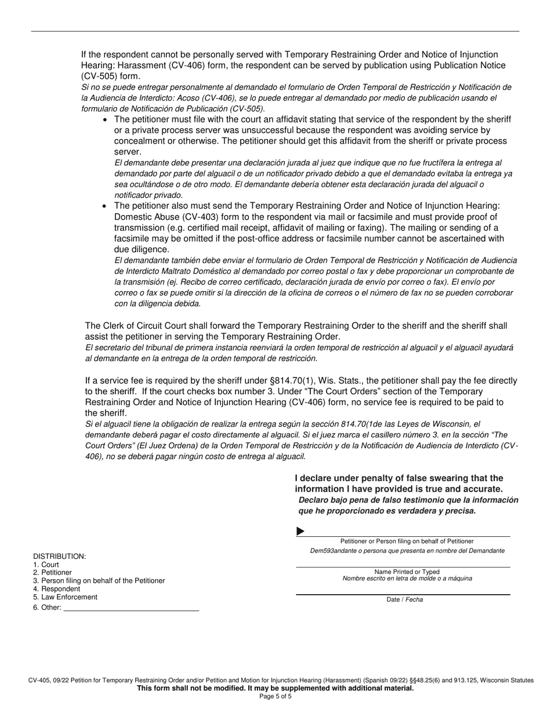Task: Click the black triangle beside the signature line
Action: [300, 531]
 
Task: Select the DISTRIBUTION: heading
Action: [60, 556]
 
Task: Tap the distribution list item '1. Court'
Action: [46, 565]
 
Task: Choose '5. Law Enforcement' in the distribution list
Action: [65, 597]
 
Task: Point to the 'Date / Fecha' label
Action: [404, 599]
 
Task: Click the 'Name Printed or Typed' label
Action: [407, 572]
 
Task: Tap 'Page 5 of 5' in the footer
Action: [275, 696]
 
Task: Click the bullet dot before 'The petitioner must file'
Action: [104, 119]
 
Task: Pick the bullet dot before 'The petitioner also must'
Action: [104, 206]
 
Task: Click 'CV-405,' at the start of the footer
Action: [41, 681]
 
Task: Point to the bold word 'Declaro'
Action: [313, 500]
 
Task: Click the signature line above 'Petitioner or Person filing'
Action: [406, 536]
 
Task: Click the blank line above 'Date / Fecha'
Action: [403, 594]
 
